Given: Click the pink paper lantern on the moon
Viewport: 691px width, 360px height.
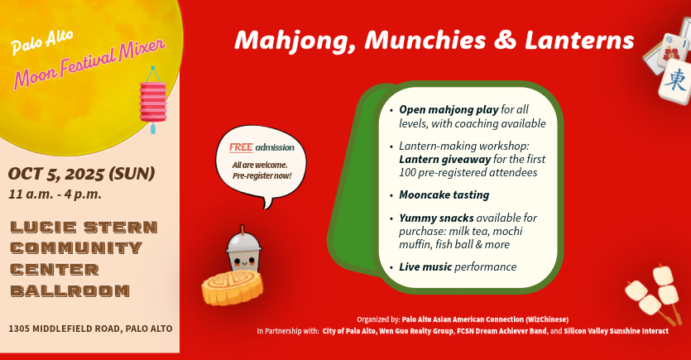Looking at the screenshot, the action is pos(153,100).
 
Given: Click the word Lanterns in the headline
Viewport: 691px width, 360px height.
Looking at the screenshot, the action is pos(579,40).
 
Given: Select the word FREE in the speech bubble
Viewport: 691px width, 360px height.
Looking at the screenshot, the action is pos(241,147).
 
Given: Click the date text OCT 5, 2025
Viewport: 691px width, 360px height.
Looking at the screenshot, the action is pos(57,174).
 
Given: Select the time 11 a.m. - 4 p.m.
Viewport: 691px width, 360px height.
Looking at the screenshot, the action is pos(55,194).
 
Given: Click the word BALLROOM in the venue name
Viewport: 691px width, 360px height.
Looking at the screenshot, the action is pos(70,290).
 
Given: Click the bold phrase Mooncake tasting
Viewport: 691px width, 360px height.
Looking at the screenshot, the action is pos(444,194).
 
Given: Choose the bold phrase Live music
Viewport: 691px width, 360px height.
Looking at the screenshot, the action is pos(425,266).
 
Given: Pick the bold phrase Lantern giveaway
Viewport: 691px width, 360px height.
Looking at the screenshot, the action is pos(444,159).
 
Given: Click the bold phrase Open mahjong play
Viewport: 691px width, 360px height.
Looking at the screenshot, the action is pos(449,110).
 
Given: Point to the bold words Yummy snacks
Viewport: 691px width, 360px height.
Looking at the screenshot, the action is pos(436,218).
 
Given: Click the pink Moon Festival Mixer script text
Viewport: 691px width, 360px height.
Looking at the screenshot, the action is pos(89,64).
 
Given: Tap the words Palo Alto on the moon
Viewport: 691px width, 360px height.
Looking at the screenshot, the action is pos(42,42).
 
